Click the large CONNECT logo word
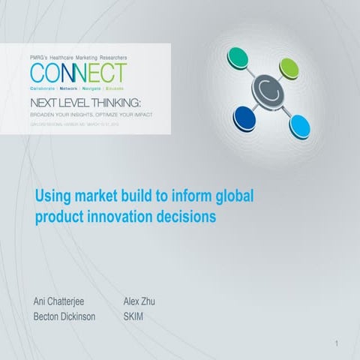79,73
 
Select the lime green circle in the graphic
290,69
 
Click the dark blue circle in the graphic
247,117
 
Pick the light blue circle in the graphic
300,124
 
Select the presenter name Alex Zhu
139,301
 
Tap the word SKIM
133,316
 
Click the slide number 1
338,343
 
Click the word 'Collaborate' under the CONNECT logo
45,88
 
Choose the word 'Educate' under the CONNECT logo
113,88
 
